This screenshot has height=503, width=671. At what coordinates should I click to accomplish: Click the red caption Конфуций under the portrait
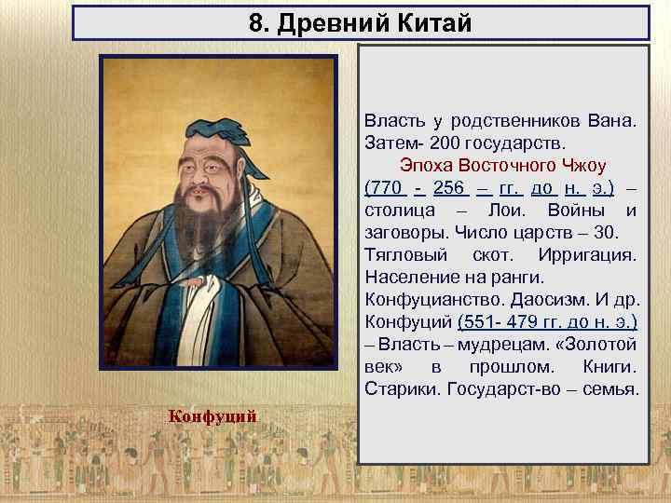click(212, 415)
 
